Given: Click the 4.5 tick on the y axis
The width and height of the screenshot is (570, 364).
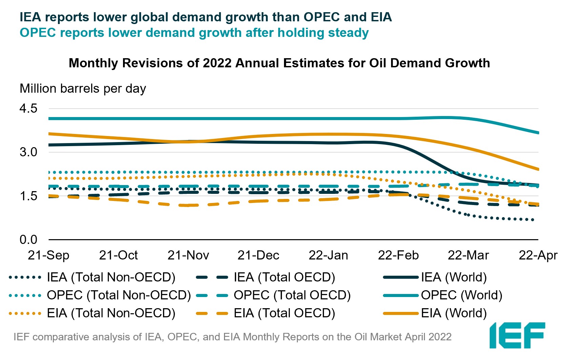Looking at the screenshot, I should pos(28,109).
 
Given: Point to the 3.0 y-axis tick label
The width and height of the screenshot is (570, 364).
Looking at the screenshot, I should pos(28,152).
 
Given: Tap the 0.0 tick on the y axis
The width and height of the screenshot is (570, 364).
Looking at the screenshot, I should pos(28,240).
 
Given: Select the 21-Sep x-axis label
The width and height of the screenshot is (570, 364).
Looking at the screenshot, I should pos(48,255).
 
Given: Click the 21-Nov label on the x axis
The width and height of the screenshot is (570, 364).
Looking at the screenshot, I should pos(188,255).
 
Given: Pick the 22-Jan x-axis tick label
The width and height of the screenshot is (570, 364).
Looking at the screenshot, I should pos(328,255).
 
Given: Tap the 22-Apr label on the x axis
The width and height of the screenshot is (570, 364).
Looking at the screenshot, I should pos(538,255).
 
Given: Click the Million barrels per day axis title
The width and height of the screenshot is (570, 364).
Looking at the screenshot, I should pos(83,89).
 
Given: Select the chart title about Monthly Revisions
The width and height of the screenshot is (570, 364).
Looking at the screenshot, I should pos(279,63).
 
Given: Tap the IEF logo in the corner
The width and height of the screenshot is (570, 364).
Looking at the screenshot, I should pos(517,335).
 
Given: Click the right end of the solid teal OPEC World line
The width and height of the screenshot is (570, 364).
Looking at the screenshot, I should pos(538,133).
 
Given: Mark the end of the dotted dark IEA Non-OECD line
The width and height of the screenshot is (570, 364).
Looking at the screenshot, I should pos(533,220).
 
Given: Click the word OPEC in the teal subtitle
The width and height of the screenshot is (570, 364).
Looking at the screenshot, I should pos(38,33).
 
